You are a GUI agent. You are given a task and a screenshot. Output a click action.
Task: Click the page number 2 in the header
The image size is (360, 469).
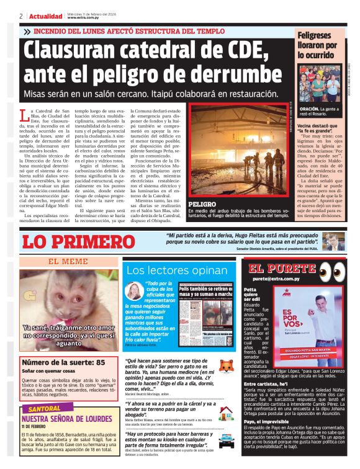tap(21, 16)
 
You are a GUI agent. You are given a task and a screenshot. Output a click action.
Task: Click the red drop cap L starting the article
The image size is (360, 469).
tap(24, 114)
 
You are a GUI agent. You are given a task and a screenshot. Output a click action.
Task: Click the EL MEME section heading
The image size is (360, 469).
tap(68, 261)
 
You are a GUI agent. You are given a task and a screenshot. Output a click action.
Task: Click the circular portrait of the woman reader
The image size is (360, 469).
tap(134, 291)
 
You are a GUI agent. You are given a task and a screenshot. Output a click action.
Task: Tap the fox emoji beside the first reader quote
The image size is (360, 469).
tap(227, 368)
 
